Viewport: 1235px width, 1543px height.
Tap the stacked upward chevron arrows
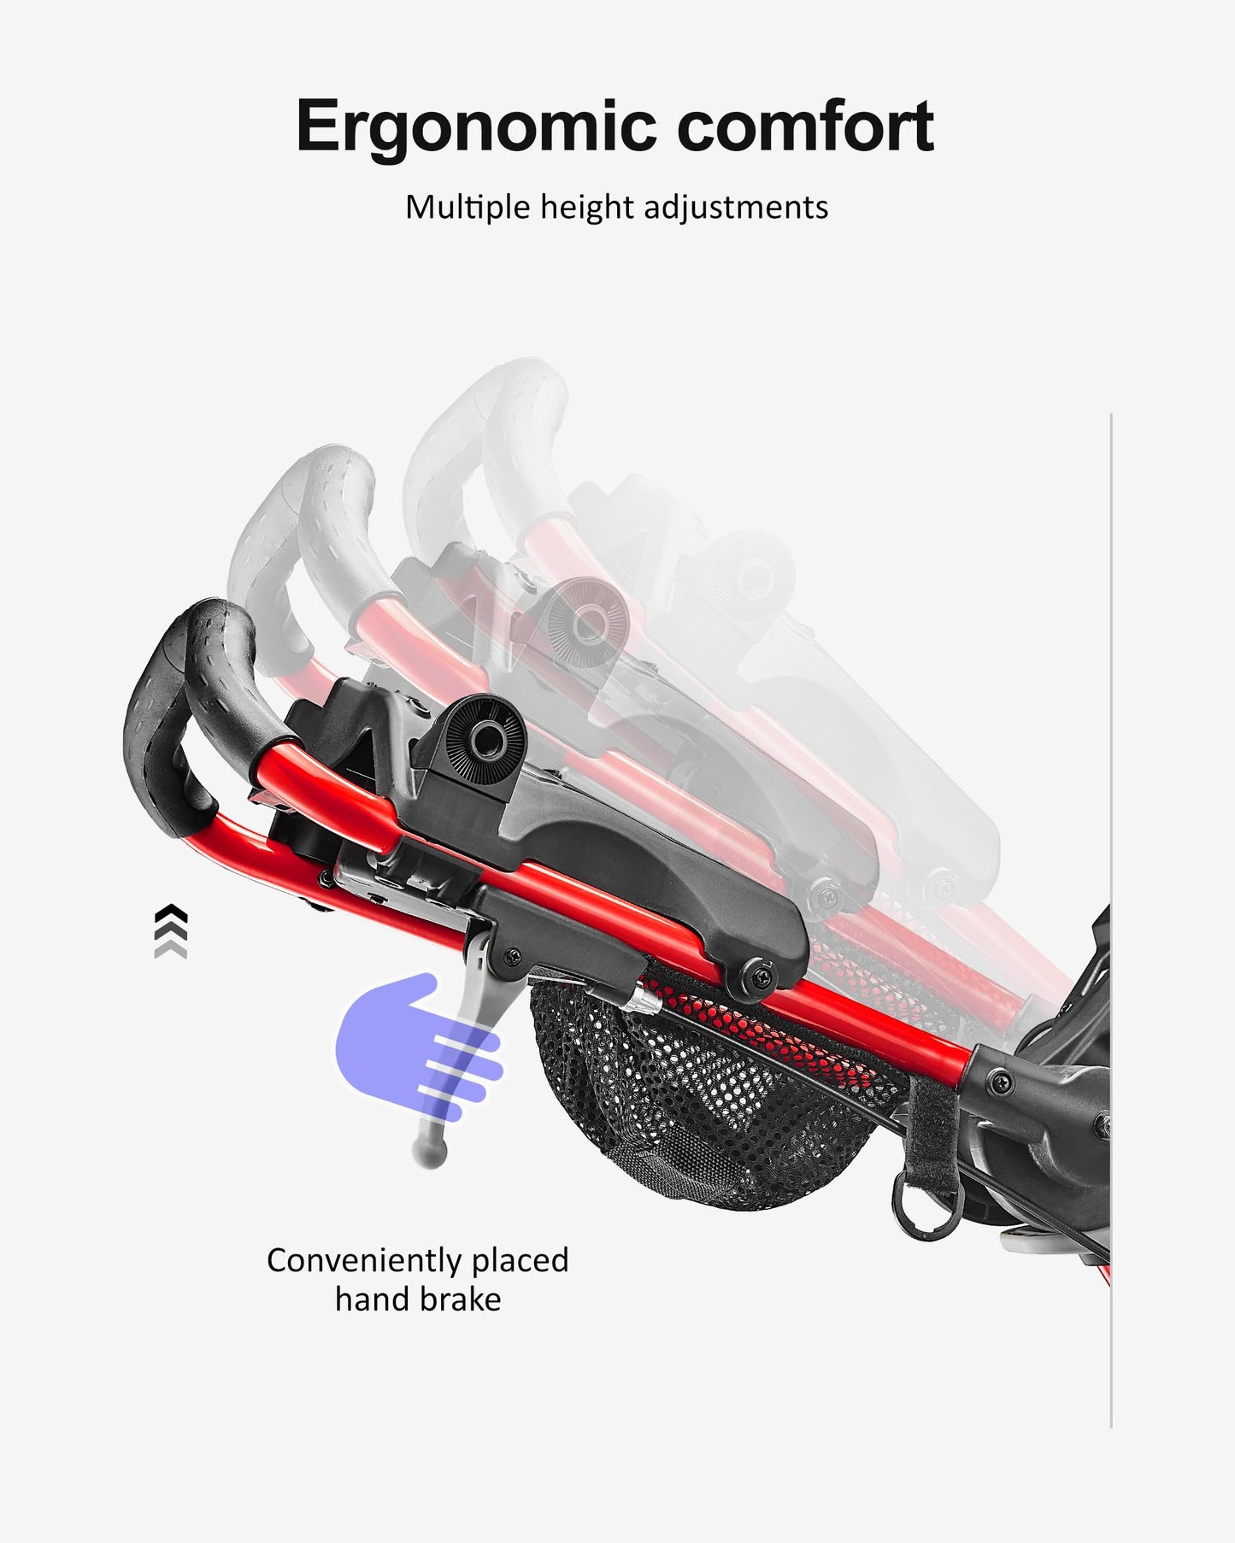(171, 930)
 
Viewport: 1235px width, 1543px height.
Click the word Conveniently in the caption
(356, 1261)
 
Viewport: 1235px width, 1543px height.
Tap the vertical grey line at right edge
(1111, 923)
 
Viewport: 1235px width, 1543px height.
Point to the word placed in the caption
(520, 1261)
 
